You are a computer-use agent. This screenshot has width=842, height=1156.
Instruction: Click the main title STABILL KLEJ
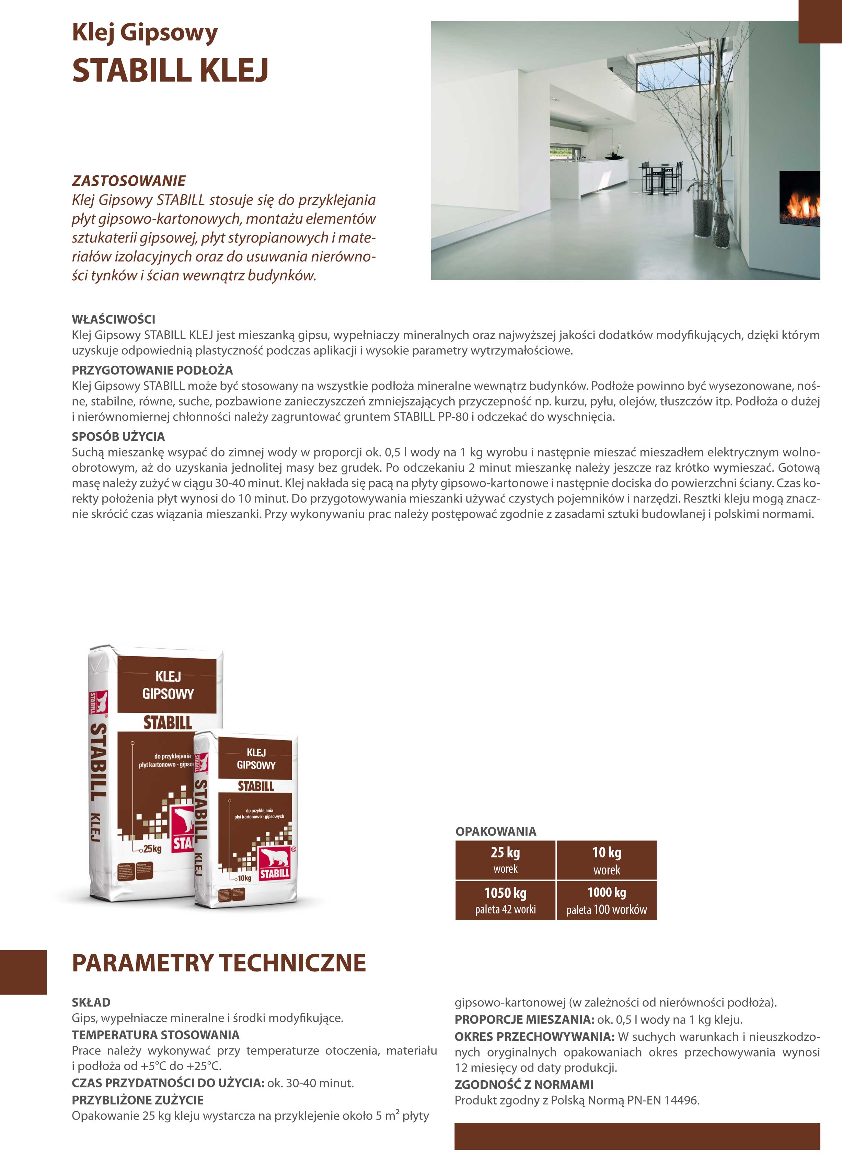tap(170, 70)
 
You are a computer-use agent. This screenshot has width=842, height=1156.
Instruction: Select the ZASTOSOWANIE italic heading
tap(128, 180)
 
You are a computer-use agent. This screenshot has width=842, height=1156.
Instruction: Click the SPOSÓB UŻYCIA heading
tap(118, 436)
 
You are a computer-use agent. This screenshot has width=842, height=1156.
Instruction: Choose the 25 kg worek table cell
tap(505, 860)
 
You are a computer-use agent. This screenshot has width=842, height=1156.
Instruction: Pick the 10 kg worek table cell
tap(607, 860)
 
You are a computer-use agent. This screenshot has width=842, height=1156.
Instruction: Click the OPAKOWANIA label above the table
tap(496, 831)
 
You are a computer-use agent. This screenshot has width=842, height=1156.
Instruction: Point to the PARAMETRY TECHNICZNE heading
tap(219, 963)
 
